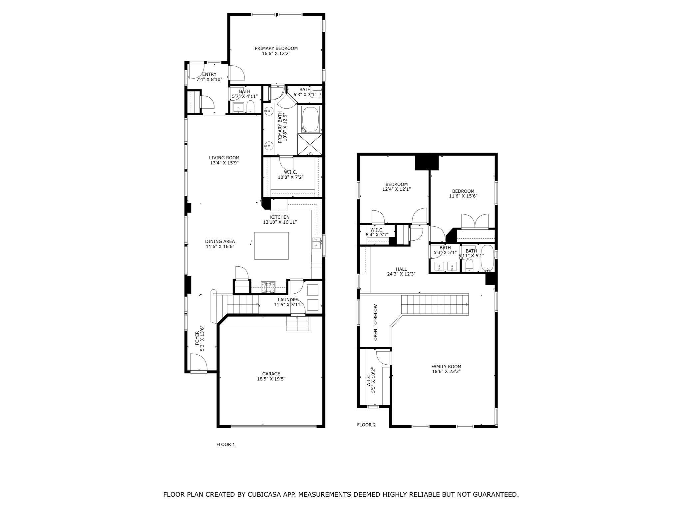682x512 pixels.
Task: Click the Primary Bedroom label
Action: [x=276, y=48]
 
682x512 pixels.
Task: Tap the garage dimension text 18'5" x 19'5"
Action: [x=271, y=379]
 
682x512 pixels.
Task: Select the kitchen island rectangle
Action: [x=271, y=246]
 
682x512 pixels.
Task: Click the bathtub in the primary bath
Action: [x=310, y=119]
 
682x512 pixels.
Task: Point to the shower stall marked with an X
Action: [x=310, y=144]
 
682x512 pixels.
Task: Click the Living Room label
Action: [x=224, y=158]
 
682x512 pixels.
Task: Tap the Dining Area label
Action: [x=220, y=241]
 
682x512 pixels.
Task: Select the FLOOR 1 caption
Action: [x=226, y=444]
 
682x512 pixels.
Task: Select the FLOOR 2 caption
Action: [x=366, y=425]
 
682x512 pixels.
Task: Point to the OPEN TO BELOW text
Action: [x=376, y=322]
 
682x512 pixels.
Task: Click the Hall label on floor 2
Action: [x=401, y=269]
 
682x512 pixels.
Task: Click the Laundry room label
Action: [x=288, y=300]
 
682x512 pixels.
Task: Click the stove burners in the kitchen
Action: [x=268, y=287]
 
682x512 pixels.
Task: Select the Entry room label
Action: [x=209, y=74]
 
